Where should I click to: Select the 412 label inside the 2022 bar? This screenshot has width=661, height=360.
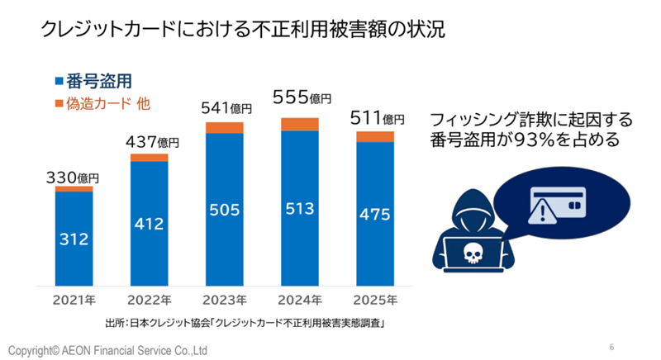coord(150,224)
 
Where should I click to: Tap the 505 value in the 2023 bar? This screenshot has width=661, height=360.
coord(224,210)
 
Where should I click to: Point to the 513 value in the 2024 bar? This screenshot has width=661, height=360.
coord(299,210)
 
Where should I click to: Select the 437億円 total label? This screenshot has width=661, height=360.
coord(150,141)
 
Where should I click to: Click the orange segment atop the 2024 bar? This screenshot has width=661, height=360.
coord(299,124)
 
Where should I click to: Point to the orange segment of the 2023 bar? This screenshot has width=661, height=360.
coord(224,127)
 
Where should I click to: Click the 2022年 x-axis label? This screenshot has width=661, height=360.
coord(150,299)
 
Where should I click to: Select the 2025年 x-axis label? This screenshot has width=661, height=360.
coord(375,299)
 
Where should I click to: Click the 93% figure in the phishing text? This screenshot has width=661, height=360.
coord(544,140)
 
